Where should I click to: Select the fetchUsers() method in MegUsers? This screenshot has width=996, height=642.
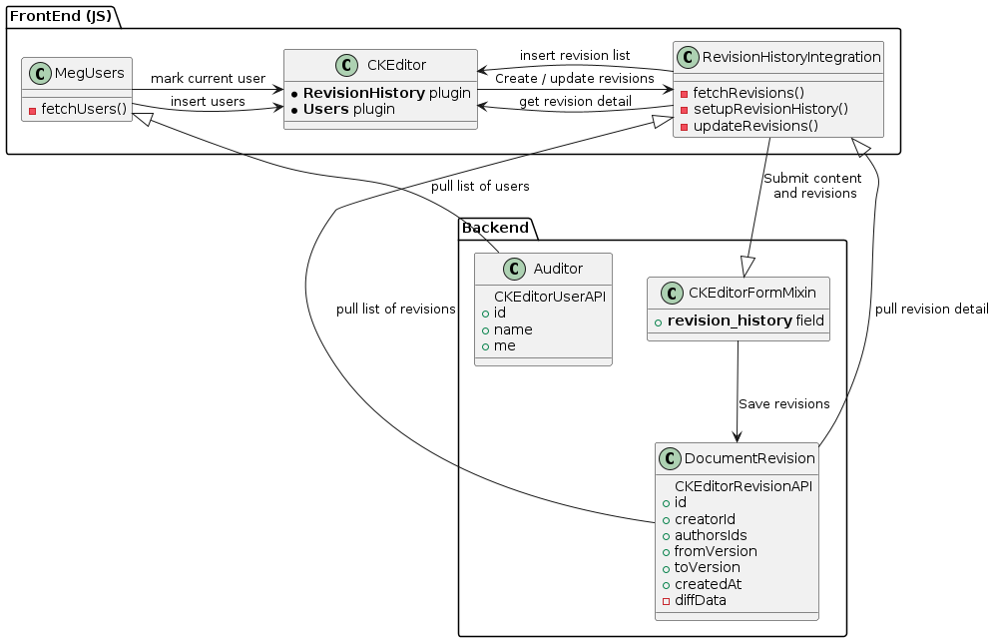point(84,108)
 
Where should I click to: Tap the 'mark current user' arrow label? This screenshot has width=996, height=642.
point(208,79)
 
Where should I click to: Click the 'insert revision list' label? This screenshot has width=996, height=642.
point(574,55)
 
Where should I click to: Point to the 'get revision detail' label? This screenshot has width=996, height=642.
point(575,102)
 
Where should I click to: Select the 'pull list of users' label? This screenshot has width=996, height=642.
point(480,187)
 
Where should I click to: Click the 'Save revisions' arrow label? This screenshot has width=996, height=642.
point(783,404)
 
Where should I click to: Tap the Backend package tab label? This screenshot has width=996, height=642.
point(496,229)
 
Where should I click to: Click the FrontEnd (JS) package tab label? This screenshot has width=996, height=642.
point(60,15)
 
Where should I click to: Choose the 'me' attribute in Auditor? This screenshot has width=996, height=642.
point(505,345)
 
